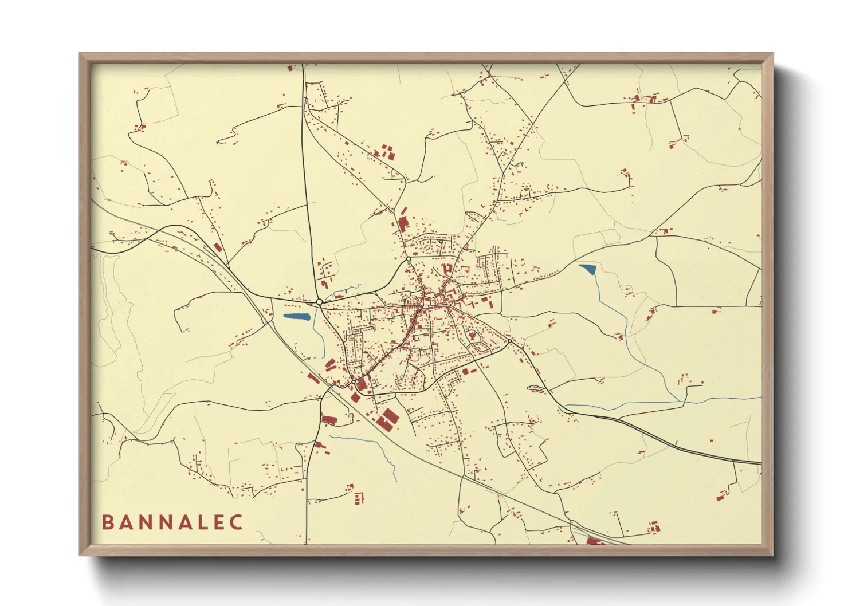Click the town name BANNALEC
172,522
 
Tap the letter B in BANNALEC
107,522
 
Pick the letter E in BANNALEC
218,522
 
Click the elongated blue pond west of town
296,316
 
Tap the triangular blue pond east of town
588,268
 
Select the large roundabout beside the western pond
319,302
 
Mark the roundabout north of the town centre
409,259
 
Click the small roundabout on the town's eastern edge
509,341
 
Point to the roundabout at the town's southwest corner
354,381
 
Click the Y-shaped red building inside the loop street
473,336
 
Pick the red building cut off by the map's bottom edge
594,541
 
